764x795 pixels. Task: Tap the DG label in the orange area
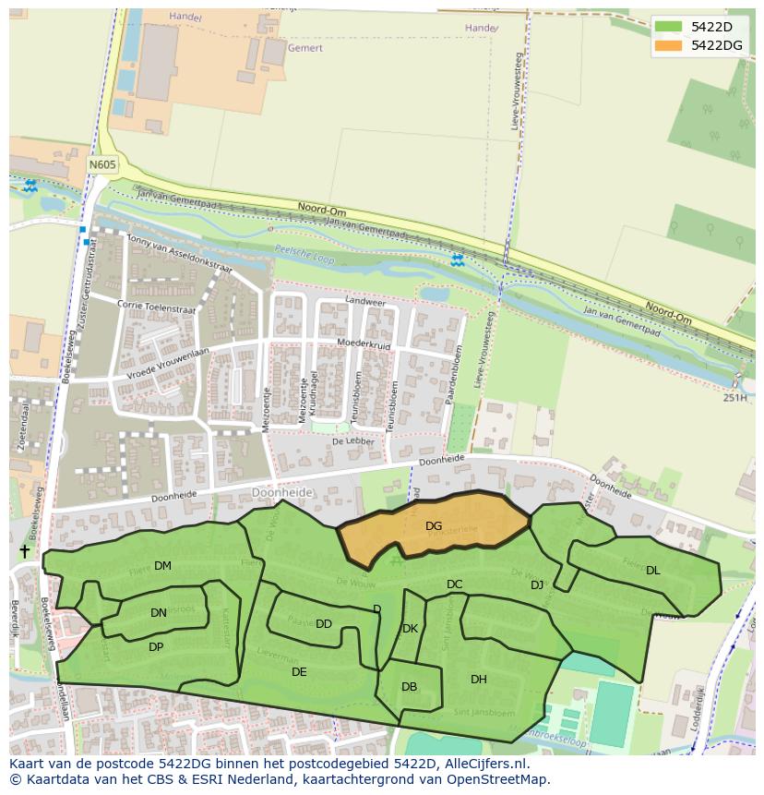[x=434, y=526]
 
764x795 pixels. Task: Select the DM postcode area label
[x=162, y=566]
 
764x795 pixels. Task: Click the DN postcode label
[x=159, y=613]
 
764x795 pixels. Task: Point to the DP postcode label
[x=156, y=647]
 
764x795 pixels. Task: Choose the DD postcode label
[x=324, y=624]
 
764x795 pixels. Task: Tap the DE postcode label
[x=299, y=672]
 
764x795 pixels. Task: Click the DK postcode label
[x=411, y=629]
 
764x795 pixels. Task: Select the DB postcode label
[x=410, y=687]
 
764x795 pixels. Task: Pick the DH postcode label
[x=479, y=680]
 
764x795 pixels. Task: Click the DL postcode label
[x=653, y=571]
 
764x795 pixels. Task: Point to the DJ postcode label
[x=537, y=585]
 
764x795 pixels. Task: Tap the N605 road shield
[x=102, y=164]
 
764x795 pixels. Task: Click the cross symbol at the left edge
[x=24, y=551]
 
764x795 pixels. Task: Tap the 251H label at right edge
[x=734, y=398]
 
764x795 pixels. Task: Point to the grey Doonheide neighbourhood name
[x=283, y=493]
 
